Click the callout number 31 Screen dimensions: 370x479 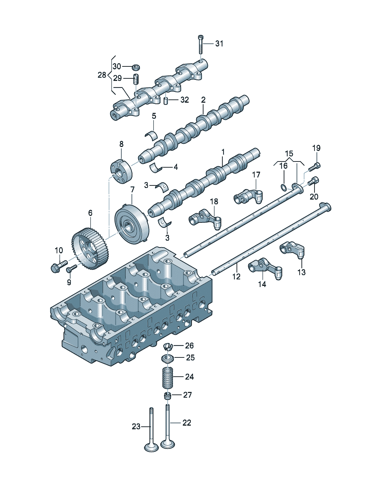[219, 44]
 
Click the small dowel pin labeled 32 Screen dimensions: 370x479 [166, 100]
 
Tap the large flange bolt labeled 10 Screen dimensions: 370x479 [59, 266]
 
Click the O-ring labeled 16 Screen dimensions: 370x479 [284, 188]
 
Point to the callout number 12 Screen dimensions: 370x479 [236, 277]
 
